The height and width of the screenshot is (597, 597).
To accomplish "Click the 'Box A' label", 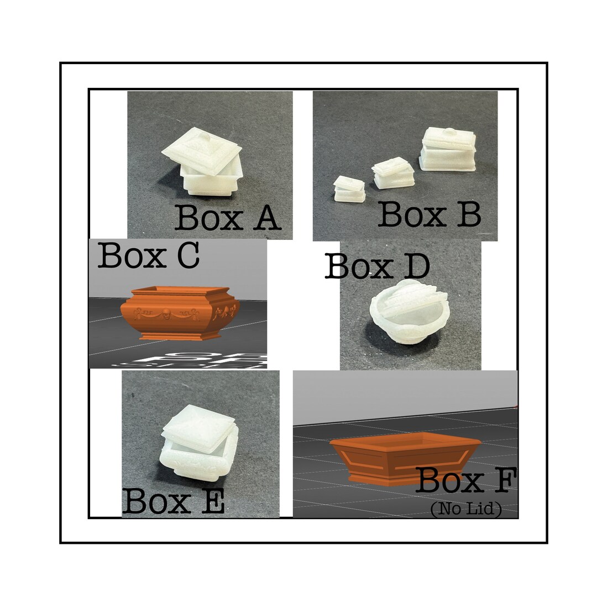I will pyautogui.click(x=228, y=218).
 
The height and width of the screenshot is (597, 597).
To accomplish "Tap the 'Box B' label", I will pyautogui.click(x=429, y=214).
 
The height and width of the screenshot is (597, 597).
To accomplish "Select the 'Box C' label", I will pyautogui.click(x=148, y=255).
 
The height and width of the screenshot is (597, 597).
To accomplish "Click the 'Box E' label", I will pyautogui.click(x=173, y=501).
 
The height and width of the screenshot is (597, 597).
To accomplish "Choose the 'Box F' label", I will pyautogui.click(x=466, y=480).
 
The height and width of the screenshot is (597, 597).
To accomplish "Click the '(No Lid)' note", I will pyautogui.click(x=465, y=510).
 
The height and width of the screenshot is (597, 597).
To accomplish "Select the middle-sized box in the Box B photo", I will pyautogui.click(x=392, y=174).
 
